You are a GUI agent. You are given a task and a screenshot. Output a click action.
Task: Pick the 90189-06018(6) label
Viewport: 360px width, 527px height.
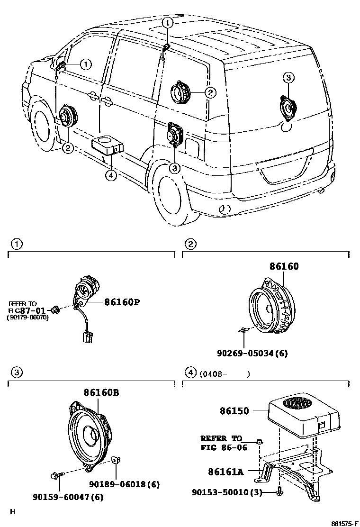point(124,484)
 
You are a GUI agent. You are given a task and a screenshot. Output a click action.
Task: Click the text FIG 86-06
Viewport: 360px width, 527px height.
point(224,447)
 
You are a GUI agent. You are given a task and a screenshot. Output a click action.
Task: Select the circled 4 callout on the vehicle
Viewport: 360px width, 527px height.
point(110,175)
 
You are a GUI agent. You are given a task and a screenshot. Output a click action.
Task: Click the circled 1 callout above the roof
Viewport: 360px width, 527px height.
point(168,22)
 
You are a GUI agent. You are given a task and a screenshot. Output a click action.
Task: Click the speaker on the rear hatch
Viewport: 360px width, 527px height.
point(287,108)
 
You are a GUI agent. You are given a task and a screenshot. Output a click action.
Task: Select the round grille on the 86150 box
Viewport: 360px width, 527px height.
point(298,404)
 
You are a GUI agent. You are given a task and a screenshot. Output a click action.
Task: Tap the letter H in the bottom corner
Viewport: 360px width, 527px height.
point(13,511)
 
